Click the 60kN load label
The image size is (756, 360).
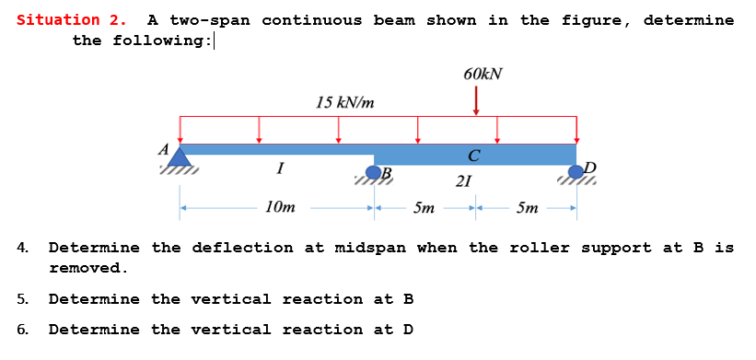[x=483, y=74]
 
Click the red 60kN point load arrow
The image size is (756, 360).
[x=476, y=100]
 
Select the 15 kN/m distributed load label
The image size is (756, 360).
[x=344, y=102]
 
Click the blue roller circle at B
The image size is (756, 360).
[x=374, y=172]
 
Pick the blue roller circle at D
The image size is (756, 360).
[x=576, y=171]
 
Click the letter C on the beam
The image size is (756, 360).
[x=473, y=155]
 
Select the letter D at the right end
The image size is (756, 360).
[x=590, y=167]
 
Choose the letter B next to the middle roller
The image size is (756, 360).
[x=387, y=173]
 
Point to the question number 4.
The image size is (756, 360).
[x=22, y=248]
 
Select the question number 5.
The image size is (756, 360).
[x=22, y=299]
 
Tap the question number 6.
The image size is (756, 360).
[x=22, y=330]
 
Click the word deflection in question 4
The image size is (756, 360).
[x=232, y=248]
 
